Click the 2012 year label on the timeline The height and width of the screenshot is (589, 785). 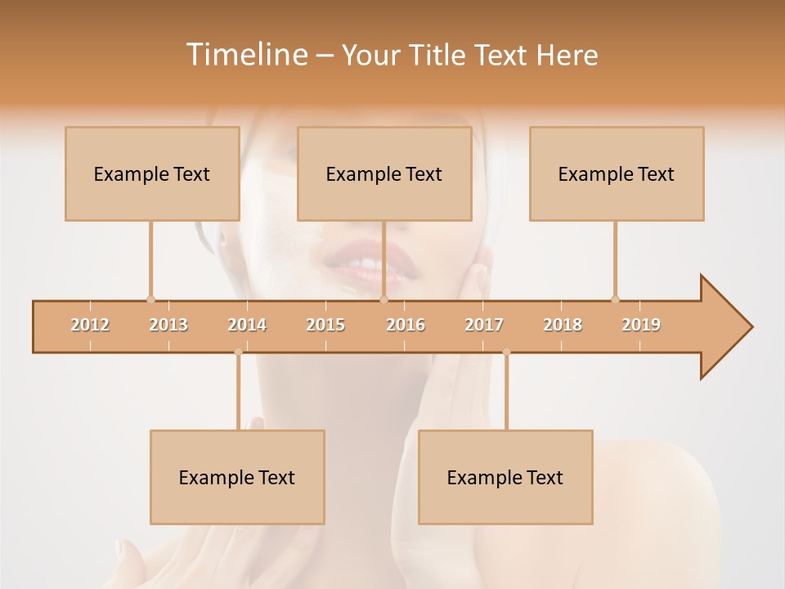click(x=90, y=325)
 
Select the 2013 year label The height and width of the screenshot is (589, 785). click(x=168, y=325)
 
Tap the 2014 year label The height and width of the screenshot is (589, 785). click(x=247, y=325)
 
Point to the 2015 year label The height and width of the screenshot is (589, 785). click(x=325, y=325)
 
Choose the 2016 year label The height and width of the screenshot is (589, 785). click(x=406, y=325)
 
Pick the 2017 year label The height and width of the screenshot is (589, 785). click(x=484, y=325)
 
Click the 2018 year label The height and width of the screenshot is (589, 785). click(x=563, y=325)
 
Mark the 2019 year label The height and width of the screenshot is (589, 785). click(x=641, y=325)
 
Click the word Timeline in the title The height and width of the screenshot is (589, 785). click(x=246, y=55)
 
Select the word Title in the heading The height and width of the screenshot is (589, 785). click(x=439, y=55)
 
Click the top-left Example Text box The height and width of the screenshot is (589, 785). click(x=152, y=173)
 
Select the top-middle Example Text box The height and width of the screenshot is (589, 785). click(x=384, y=173)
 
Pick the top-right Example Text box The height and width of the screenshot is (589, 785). click(x=617, y=173)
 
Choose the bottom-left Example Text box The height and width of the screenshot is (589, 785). click(x=237, y=477)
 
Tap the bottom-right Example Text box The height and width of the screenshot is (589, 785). click(x=505, y=477)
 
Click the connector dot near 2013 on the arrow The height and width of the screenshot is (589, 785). click(x=150, y=299)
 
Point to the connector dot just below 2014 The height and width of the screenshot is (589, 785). click(x=238, y=353)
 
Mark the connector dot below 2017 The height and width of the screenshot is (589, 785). click(x=506, y=353)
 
